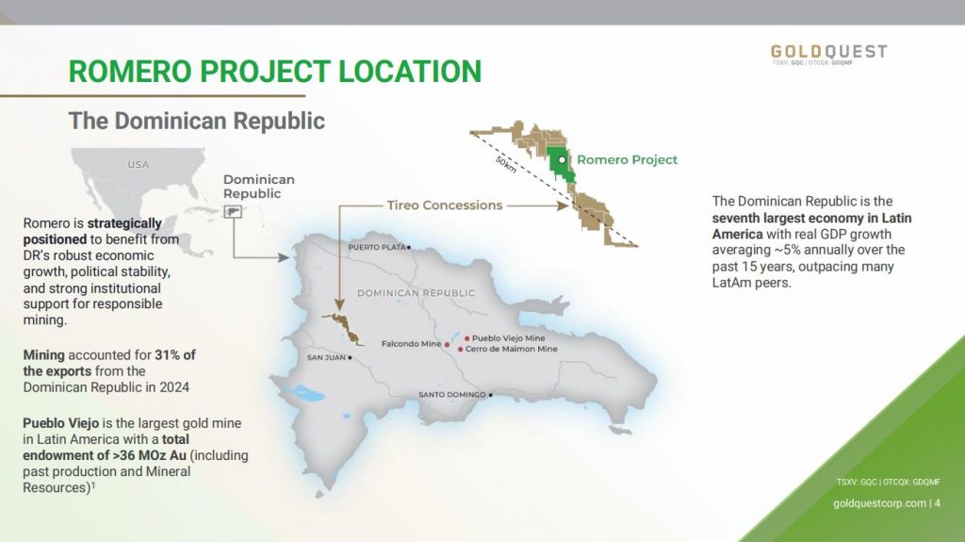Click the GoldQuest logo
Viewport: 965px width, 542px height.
(x=828, y=54)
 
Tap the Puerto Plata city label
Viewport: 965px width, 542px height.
(x=377, y=247)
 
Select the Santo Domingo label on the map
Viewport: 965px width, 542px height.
(x=452, y=394)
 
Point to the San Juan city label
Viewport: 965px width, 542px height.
(x=326, y=357)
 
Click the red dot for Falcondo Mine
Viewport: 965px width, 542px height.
(x=447, y=345)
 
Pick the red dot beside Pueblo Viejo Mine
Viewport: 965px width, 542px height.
(x=467, y=338)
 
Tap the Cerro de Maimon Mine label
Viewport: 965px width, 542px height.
(x=512, y=349)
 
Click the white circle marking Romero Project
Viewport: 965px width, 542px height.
(x=562, y=159)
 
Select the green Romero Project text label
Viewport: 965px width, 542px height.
(x=627, y=159)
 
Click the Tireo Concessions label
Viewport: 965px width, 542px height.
(x=445, y=205)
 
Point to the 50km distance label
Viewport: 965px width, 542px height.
(x=506, y=164)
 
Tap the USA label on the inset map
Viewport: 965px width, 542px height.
(x=139, y=164)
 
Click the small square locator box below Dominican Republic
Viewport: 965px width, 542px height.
(x=233, y=212)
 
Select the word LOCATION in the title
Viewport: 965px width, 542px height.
(x=410, y=72)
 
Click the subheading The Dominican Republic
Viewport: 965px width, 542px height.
(x=196, y=121)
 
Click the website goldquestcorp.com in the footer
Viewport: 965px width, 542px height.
(x=879, y=503)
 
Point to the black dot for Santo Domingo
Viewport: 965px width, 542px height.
(x=490, y=395)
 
